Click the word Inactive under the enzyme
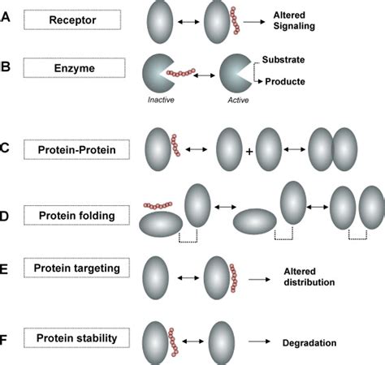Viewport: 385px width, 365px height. [x=161, y=100]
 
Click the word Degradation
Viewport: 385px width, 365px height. [x=309, y=343]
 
